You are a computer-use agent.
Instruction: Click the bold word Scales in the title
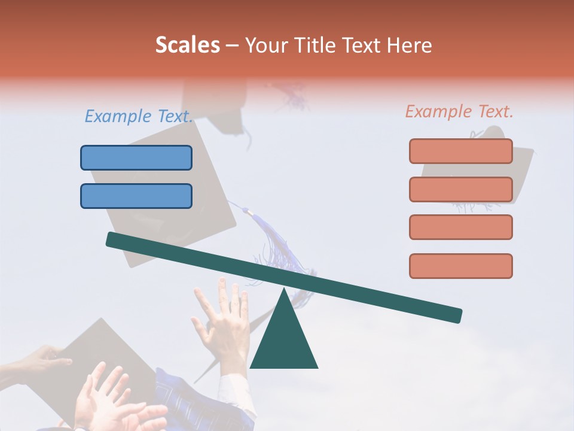pos(187,45)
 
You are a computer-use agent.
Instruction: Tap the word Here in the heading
pos(409,45)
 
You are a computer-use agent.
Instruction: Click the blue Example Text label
pos(139,116)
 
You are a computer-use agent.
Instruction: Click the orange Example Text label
pos(459,111)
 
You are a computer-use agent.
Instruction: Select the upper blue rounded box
pos(136,157)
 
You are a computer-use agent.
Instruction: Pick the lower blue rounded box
pos(136,196)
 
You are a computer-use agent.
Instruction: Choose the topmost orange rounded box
pos(460,151)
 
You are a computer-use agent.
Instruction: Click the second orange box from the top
pos(460,189)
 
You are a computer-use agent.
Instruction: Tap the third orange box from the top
pos(460,227)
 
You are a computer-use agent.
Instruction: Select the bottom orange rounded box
pos(460,266)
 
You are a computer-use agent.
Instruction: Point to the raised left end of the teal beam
pos(114,239)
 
